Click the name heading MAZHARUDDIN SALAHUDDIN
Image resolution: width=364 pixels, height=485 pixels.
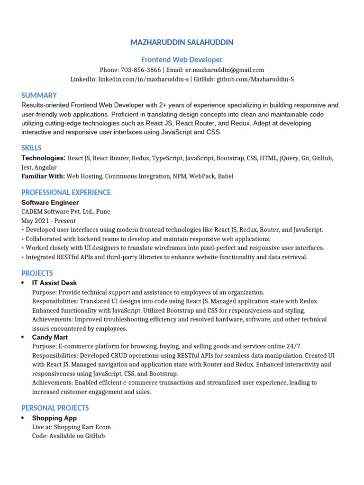pos(182,43)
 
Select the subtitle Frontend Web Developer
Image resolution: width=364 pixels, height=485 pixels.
pos(182,60)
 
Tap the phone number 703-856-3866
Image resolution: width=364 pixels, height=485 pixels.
pos(141,70)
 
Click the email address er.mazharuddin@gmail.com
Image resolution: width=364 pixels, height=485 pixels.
pos(225,70)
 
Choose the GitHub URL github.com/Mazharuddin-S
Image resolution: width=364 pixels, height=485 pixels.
pos(255,79)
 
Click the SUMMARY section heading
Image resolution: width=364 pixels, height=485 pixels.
pos(39,95)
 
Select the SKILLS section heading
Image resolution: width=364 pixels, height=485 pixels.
pos(31,148)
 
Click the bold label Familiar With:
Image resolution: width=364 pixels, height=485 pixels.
pos(43,176)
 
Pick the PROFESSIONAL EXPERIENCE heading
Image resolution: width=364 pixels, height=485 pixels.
pos(66,192)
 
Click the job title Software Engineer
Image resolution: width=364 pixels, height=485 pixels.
pos(50,202)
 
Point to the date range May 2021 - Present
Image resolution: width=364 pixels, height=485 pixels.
pos(48,221)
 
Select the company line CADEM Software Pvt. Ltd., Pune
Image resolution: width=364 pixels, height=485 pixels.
pos(66,211)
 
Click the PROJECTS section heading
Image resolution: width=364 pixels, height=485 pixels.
pos(37,273)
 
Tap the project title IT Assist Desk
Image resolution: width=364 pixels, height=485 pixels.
pos(55,283)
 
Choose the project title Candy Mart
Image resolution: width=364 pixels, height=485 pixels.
pos(50,337)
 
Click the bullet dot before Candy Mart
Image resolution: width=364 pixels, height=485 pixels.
pos(23,337)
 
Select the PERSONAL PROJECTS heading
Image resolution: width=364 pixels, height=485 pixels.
pos(55,408)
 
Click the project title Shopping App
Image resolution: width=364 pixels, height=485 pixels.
pos(55,418)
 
